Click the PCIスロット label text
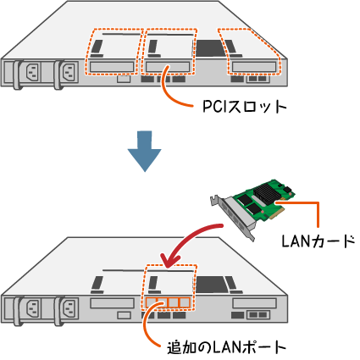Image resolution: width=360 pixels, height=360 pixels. [x=245, y=107]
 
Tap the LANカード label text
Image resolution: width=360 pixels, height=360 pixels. [x=318, y=241]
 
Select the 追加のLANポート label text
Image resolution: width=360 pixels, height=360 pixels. [x=226, y=347]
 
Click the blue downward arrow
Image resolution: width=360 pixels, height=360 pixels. [x=145, y=151]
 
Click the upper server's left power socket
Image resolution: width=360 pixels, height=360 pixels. [x=33, y=72]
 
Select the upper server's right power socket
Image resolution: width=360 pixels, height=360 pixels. [x=69, y=72]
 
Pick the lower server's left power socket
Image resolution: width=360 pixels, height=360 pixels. [x=33, y=308]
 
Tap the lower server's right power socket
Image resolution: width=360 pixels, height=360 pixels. [x=69, y=308]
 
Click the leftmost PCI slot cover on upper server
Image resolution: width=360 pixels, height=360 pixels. [x=112, y=67]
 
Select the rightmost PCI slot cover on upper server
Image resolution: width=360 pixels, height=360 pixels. [x=254, y=67]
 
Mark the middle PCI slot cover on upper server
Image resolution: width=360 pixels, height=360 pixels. [x=168, y=67]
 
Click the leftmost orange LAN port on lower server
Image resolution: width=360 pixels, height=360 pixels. [x=152, y=302]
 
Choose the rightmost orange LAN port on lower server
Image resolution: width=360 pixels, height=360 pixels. [x=185, y=302]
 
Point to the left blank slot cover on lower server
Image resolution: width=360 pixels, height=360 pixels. [x=112, y=303]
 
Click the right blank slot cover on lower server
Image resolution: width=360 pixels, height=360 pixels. [x=254, y=303]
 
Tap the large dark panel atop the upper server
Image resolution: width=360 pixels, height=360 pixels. [x=209, y=47]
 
